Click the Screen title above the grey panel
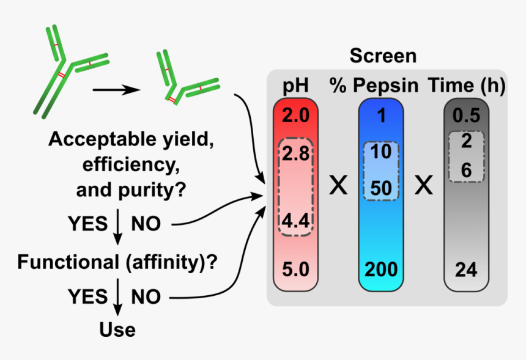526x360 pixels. [383, 56]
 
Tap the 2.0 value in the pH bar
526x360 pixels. [295, 116]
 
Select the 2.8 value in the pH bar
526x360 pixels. [295, 153]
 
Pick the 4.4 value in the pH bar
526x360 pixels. [295, 221]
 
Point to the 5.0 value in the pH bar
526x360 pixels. [295, 269]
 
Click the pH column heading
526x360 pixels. [295, 86]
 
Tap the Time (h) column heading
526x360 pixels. [467, 85]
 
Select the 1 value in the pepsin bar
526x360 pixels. [382, 116]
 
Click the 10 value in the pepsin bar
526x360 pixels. [381, 152]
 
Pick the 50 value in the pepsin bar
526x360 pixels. [381, 188]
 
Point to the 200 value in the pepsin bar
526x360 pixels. [381, 269]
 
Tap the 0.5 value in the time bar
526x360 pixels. [467, 116]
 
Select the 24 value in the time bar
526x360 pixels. [466, 270]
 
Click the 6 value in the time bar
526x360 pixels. [467, 170]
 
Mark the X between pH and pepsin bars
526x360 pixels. [338, 185]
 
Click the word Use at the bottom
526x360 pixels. [117, 330]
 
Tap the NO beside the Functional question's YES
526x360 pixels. [146, 296]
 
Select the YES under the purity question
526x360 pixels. [87, 224]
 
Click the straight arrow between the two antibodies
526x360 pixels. [116, 90]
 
